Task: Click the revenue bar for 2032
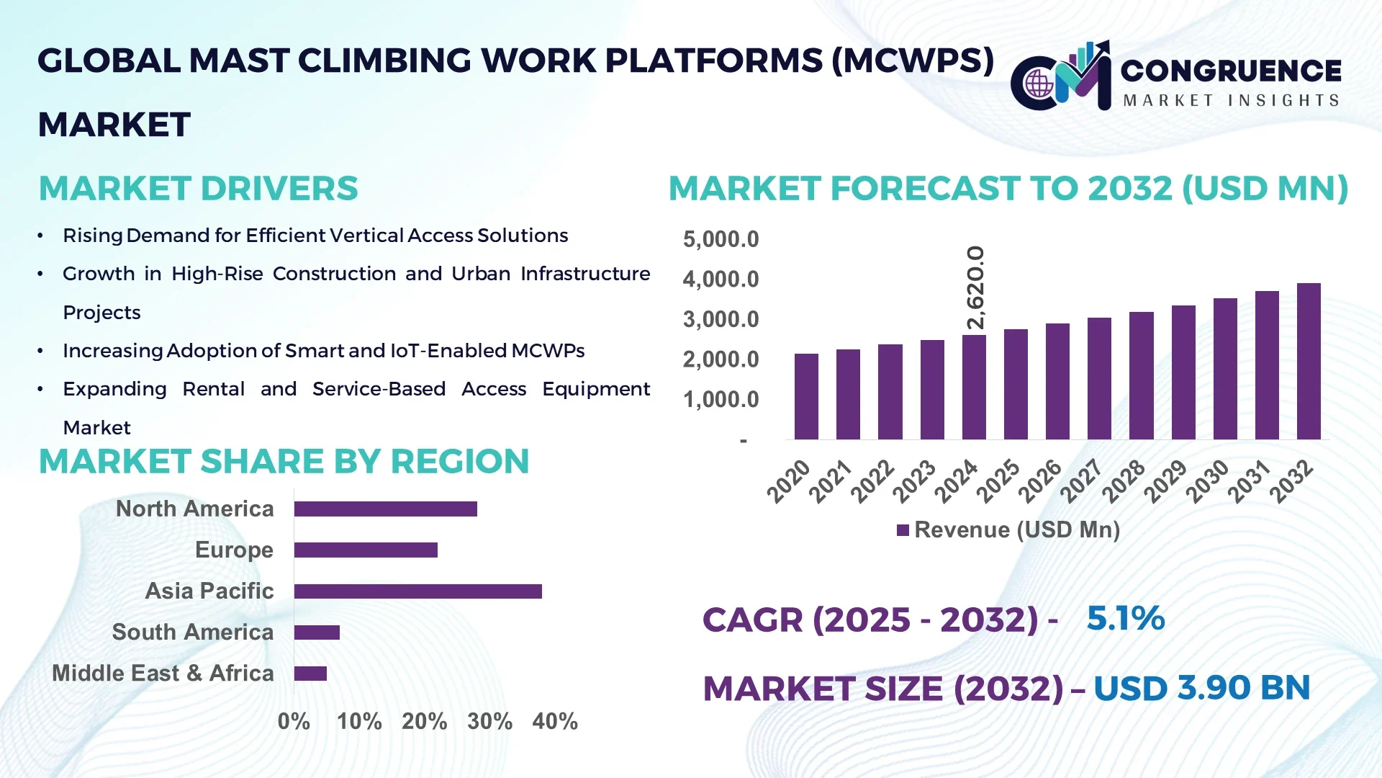pos(1308,362)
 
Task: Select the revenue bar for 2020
pos(806,397)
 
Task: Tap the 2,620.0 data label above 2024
pos(975,287)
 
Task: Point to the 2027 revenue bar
pos(1099,379)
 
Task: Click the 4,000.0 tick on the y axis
pos(721,280)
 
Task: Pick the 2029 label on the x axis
pos(1165,481)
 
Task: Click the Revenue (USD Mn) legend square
pos(903,530)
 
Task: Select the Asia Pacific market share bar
pos(417,591)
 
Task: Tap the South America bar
pos(317,632)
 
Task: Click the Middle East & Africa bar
pos(310,674)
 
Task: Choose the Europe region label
pos(234,550)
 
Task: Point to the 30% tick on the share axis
pos(489,721)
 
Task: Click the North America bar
pos(385,509)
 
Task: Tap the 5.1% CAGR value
pos(1125,618)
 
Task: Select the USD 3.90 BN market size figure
pos(1201,688)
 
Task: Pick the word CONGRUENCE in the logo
pos(1231,71)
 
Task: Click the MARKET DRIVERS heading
pos(198,189)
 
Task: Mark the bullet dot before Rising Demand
pos(41,236)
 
